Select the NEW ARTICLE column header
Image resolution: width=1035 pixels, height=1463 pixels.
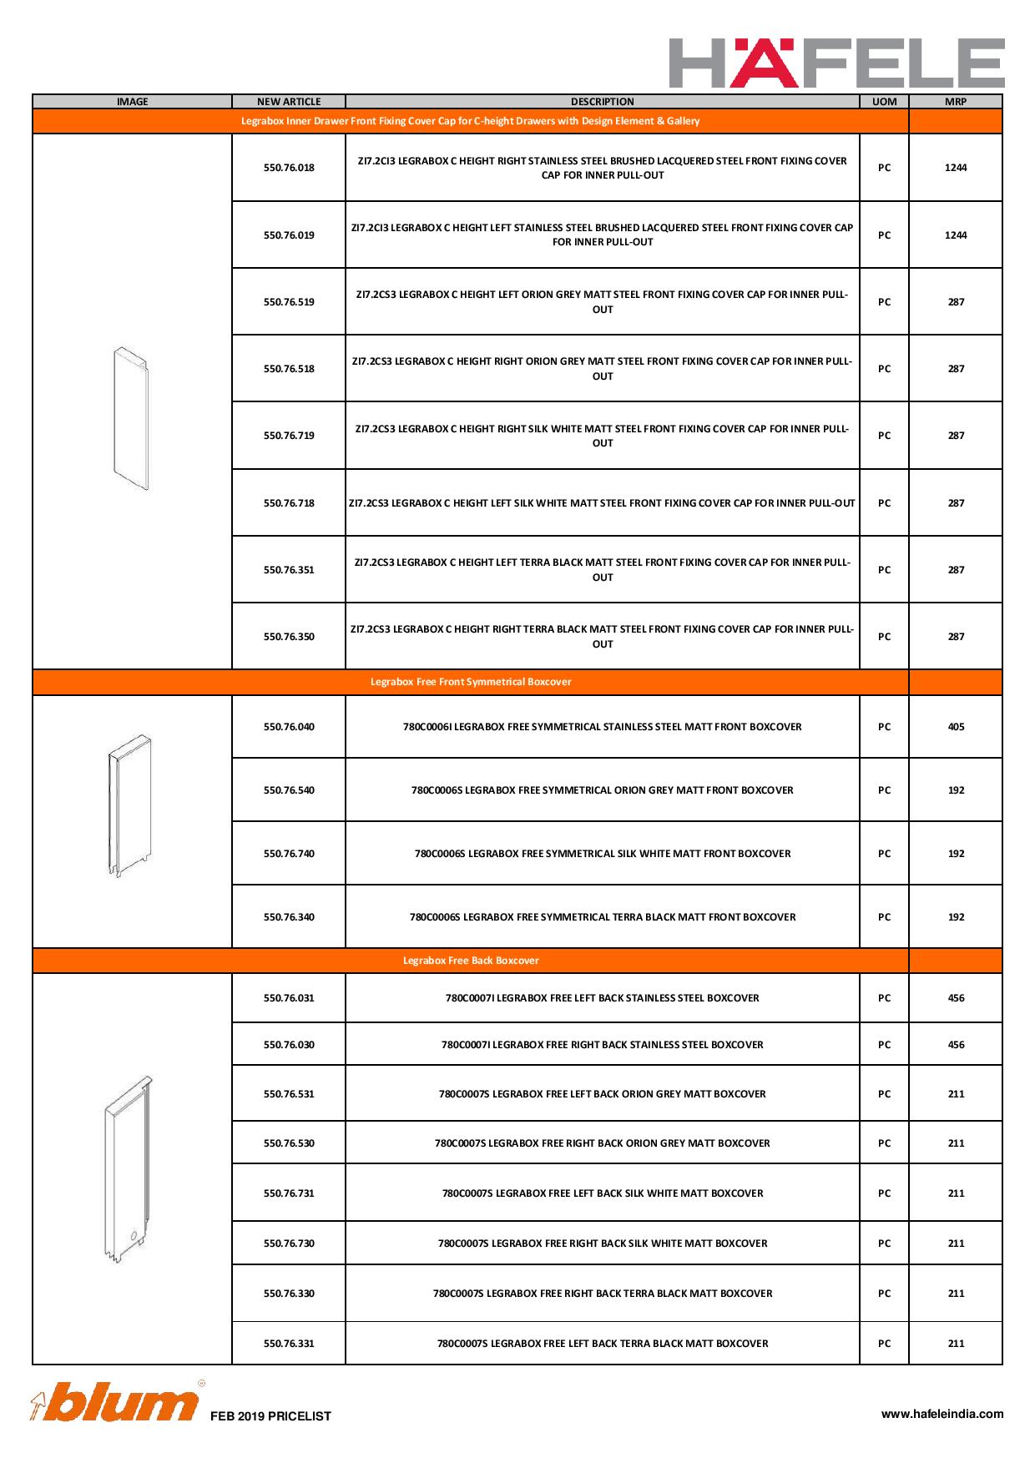coord(289,102)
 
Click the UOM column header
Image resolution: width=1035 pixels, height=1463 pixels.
coord(884,102)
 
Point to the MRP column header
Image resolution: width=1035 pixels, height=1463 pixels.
coord(956,102)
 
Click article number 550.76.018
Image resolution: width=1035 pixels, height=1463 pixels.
coord(289,168)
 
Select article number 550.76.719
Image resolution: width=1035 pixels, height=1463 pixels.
coord(289,436)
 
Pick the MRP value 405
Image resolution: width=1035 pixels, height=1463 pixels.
coord(956,727)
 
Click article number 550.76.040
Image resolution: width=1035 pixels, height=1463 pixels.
coord(289,727)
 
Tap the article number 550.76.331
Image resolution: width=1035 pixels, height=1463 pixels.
coord(289,1344)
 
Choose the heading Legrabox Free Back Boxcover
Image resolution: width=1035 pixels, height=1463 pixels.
coord(471,961)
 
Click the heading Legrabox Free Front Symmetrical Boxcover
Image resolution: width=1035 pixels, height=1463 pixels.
coord(471,682)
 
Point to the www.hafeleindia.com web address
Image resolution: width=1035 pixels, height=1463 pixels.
coord(942,1414)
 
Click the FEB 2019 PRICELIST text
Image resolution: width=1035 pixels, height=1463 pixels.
coord(270,1416)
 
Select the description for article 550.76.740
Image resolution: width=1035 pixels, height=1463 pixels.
coord(602,854)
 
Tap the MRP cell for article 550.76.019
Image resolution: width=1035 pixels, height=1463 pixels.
coord(956,235)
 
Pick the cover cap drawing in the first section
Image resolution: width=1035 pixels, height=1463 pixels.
coord(132,418)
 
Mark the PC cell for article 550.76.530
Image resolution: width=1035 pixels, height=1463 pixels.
coord(884,1143)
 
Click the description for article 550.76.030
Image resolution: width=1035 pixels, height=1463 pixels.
coord(602,1045)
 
